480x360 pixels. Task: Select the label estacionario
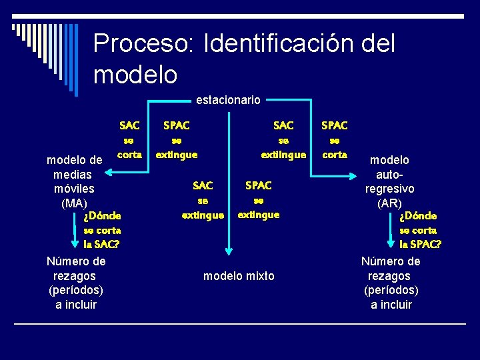[x=228, y=100]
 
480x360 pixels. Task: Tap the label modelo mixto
[x=239, y=276]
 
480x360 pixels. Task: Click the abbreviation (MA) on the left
[x=73, y=203]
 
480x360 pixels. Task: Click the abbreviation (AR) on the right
[x=389, y=203]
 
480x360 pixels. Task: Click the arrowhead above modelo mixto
[x=229, y=252]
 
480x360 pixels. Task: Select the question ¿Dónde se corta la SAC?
[x=102, y=230]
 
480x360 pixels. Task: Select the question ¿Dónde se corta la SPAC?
[x=420, y=230]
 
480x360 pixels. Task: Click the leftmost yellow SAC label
[x=129, y=125]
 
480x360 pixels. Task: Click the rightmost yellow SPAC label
[x=334, y=125]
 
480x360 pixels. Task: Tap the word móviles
[x=73, y=189]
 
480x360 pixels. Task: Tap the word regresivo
[x=389, y=189]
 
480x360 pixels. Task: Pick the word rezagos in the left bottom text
[x=73, y=276]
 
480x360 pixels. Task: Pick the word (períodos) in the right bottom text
[x=391, y=291]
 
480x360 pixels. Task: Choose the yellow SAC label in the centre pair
[x=203, y=185]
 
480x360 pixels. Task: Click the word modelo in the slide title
[x=135, y=74]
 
